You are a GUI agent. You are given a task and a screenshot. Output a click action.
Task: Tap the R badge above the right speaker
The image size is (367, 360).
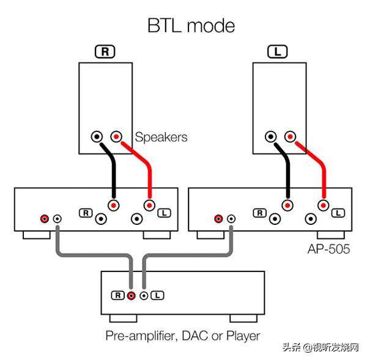(x=106, y=52)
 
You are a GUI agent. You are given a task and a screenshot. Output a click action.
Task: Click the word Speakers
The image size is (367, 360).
(x=161, y=137)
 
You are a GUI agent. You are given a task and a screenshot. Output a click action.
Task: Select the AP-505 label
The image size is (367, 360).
(x=328, y=249)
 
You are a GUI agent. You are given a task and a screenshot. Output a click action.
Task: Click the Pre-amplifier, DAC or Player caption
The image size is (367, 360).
(x=183, y=336)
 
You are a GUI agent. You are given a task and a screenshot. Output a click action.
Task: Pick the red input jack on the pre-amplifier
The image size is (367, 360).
(x=132, y=295)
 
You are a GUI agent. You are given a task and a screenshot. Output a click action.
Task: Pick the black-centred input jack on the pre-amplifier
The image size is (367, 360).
(x=144, y=295)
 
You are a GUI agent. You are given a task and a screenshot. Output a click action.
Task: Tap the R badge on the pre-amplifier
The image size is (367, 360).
(x=118, y=295)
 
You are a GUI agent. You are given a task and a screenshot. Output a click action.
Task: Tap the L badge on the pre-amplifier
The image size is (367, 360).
(x=157, y=295)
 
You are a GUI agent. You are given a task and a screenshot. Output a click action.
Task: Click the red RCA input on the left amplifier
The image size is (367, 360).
(x=44, y=218)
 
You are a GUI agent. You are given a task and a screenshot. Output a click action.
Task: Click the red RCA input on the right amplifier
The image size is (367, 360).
(x=218, y=218)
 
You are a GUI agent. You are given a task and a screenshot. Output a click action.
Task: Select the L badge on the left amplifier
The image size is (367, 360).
(x=163, y=213)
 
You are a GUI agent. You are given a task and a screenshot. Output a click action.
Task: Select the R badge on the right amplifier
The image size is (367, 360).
(x=260, y=213)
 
